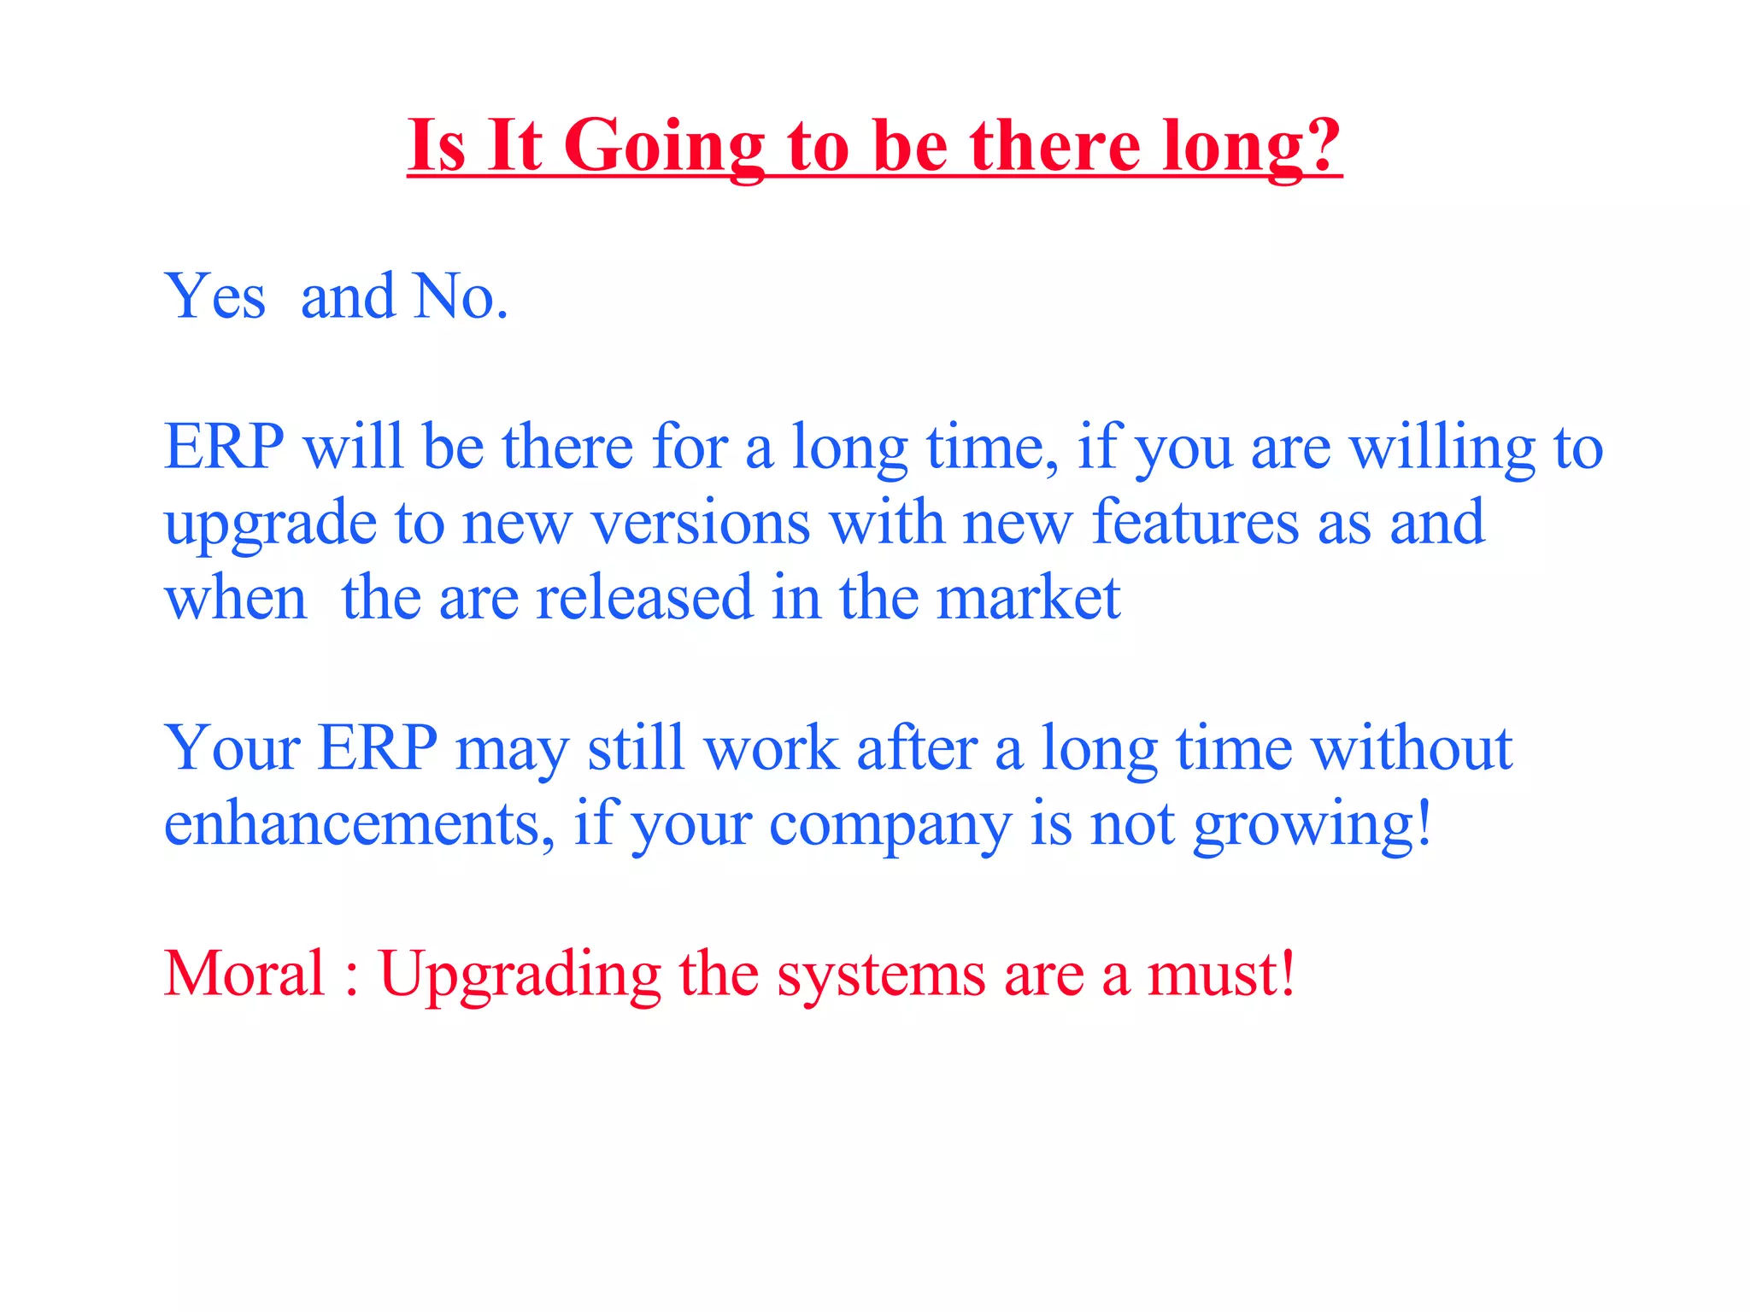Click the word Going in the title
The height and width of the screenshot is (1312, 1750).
[663, 147]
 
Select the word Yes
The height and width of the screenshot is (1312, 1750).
[214, 297]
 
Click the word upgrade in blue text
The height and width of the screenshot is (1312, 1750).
[270, 524]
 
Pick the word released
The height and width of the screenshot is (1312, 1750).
[644, 598]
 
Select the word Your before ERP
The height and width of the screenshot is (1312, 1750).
[232, 749]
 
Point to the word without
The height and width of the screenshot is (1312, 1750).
[1412, 749]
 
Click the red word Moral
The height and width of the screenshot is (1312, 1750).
[244, 974]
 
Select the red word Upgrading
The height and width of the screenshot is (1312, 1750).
[520, 975]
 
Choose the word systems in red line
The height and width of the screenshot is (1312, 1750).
[880, 975]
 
